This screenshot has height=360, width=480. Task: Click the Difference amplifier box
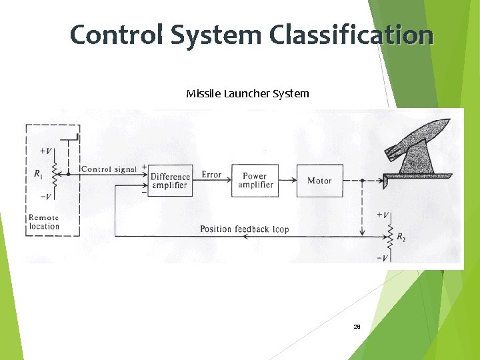coord(170,181)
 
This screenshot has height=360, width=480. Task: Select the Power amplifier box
coord(255,181)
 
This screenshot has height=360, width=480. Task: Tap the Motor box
coord(319,181)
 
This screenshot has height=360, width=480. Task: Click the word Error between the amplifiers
coord(211,175)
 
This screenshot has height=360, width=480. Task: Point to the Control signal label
coord(108,169)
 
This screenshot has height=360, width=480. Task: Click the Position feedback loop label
coord(245,229)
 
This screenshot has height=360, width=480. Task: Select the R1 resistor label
coord(39,175)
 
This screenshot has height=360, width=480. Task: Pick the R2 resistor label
coord(401,237)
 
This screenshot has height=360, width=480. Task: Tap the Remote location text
coord(44,222)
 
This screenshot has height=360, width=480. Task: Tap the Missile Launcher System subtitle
coord(247,93)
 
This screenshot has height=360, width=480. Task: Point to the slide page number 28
coord(357,327)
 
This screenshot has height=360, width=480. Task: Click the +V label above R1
coord(47,151)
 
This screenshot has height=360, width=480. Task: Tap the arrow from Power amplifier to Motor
coord(287,180)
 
